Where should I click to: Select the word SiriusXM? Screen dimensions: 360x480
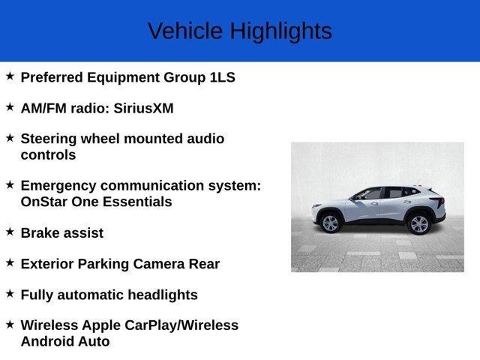[x=143, y=108]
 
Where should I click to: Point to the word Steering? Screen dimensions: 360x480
[x=49, y=139]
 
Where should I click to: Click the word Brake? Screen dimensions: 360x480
[x=40, y=232]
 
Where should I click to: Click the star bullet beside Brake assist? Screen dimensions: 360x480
[x=10, y=232]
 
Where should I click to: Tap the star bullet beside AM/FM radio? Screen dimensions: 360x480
[x=10, y=107]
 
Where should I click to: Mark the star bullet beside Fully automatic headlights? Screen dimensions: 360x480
[x=10, y=294]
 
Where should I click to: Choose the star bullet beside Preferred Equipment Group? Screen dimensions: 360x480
[x=10, y=76]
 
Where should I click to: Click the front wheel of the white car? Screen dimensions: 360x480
[x=330, y=223]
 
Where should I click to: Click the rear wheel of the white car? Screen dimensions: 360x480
[x=418, y=223]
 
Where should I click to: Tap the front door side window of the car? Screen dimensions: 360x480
[x=370, y=195]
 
